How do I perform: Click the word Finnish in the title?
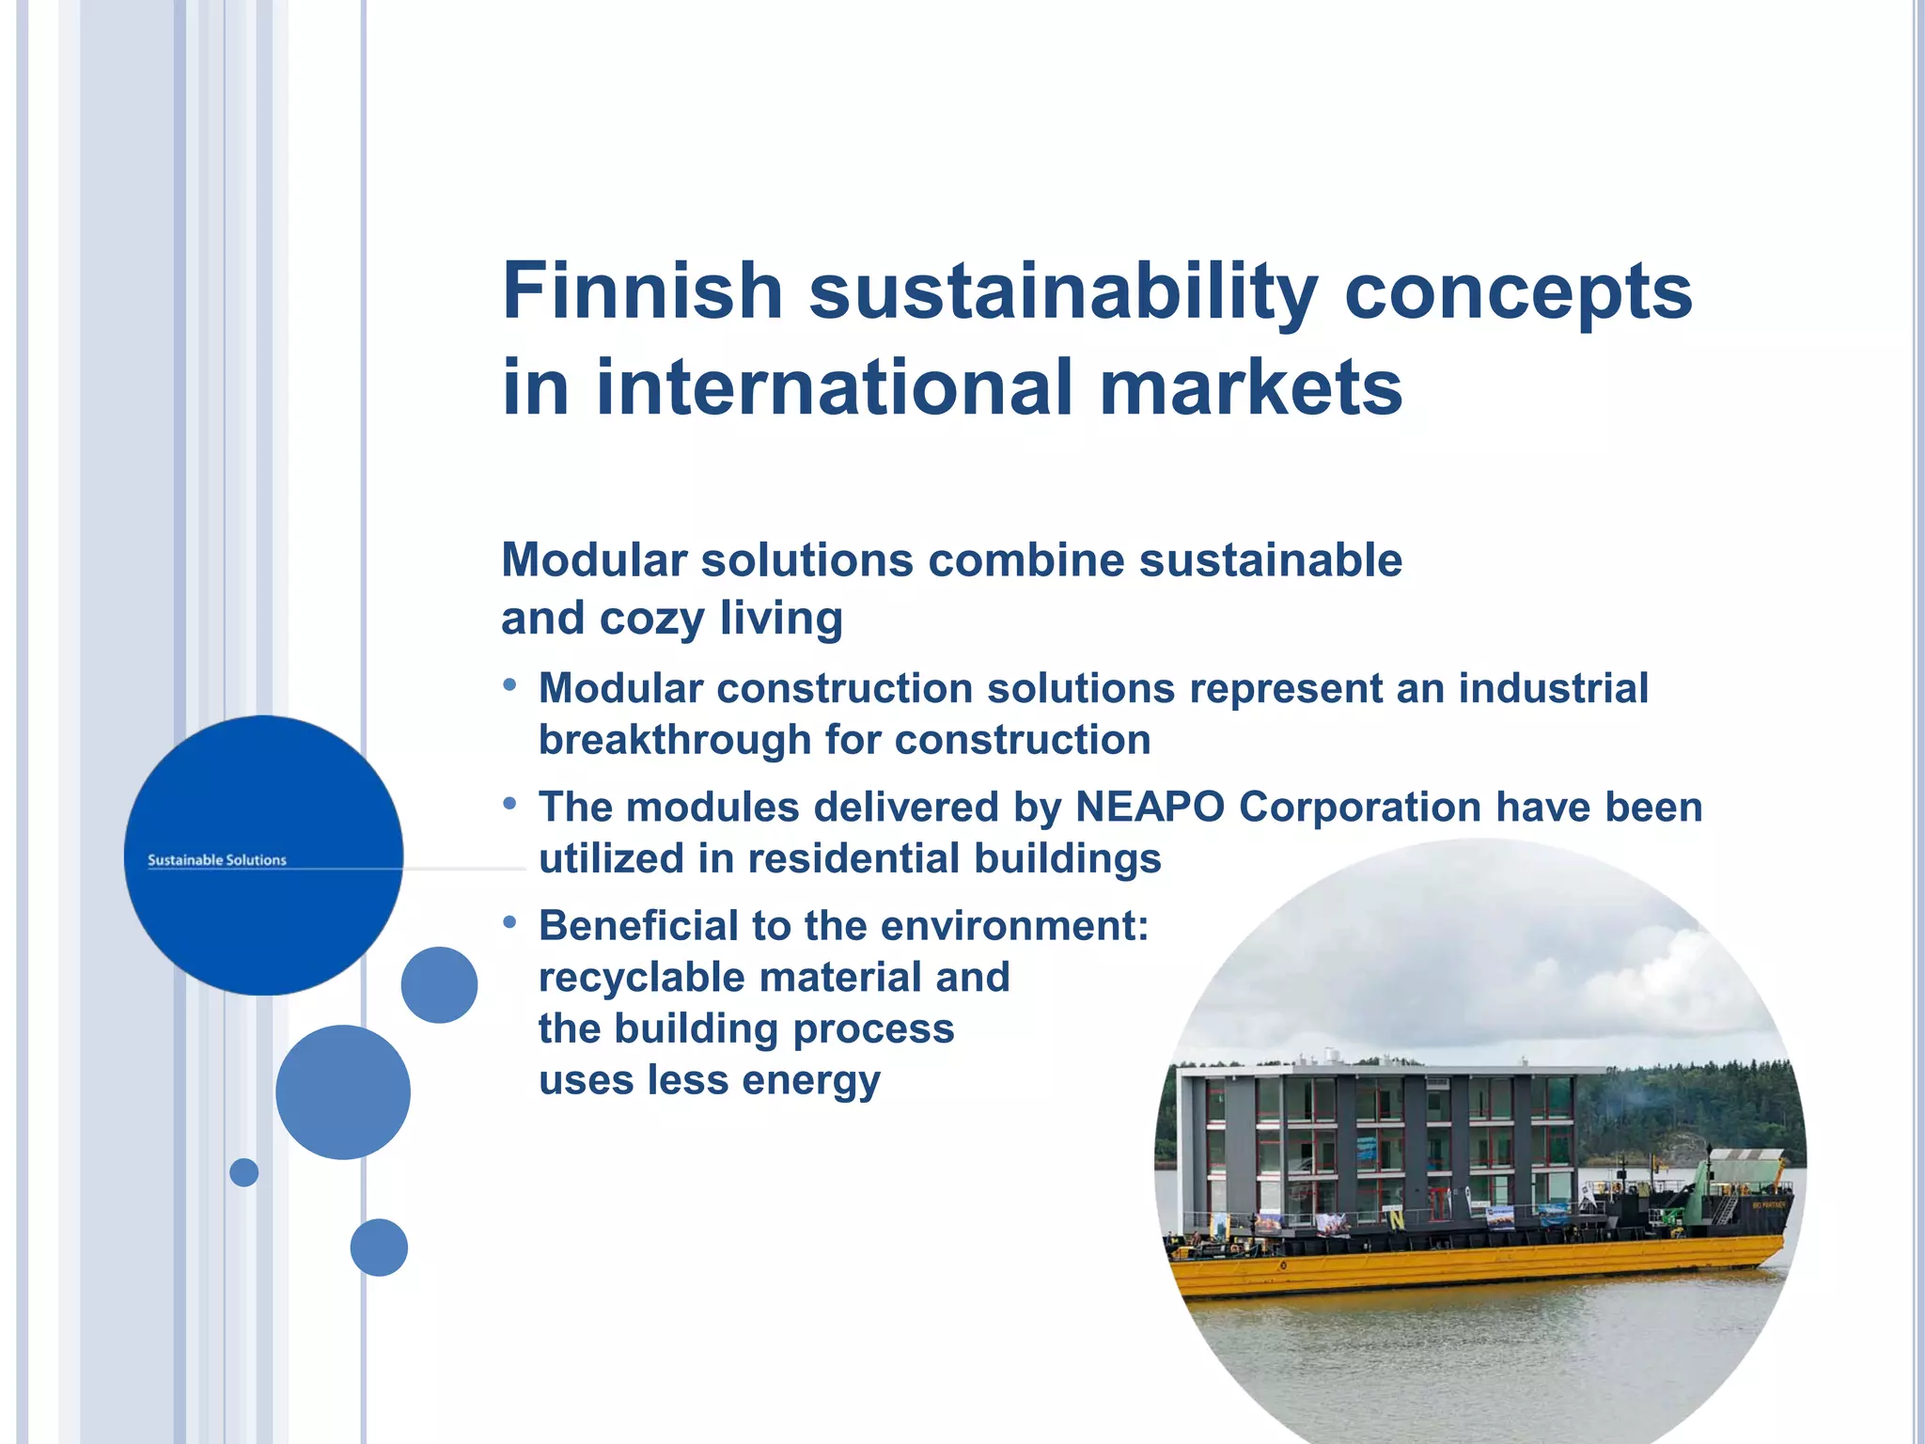click(643, 291)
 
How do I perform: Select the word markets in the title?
click(1251, 388)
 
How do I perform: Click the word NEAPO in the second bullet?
click(1150, 808)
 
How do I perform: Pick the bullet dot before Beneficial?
click(509, 923)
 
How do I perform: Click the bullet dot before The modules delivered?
click(509, 804)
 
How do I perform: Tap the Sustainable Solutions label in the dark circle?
click(217, 860)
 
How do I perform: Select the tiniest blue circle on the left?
click(243, 1172)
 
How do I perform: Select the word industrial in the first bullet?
click(1553, 688)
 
